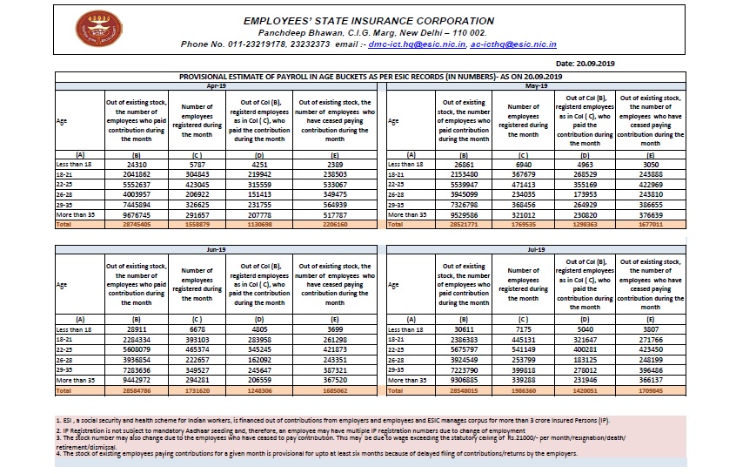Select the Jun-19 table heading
click(217, 249)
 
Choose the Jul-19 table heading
click(536, 249)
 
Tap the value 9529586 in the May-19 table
click(463, 213)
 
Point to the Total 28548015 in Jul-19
click(463, 390)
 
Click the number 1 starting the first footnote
click(57, 420)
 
